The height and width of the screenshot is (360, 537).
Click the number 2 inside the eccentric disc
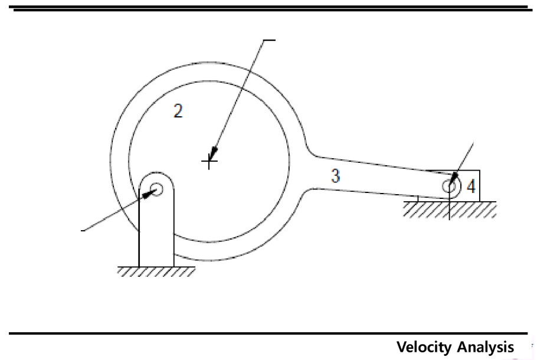point(178,110)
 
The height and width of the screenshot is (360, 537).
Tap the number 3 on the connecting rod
point(335,176)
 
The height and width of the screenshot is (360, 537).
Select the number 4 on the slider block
point(470,187)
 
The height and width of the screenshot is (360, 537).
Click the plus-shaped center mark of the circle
point(209,160)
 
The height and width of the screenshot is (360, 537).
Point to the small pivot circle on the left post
point(156,189)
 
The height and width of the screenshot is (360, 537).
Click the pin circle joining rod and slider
point(450,186)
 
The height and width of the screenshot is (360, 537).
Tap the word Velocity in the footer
point(424,348)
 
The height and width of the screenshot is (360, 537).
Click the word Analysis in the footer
point(484,348)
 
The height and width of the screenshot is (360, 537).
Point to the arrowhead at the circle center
point(212,153)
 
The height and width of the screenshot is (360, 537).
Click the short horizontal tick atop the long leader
point(269,40)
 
